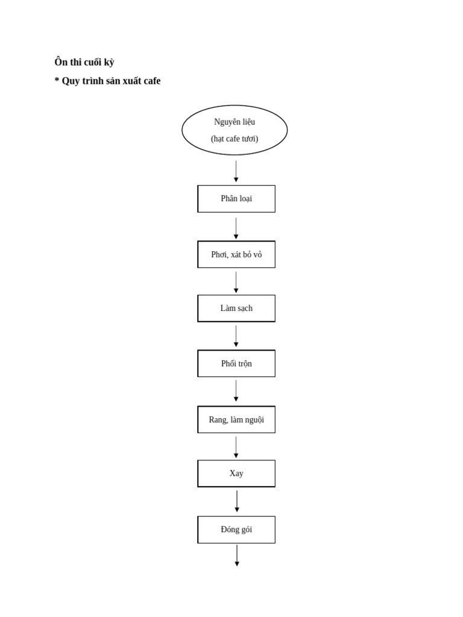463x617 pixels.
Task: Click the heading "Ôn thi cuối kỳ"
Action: [x=84, y=62]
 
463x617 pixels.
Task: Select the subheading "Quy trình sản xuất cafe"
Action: [x=111, y=81]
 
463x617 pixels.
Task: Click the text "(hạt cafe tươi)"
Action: [x=235, y=139]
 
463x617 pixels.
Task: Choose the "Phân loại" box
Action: [x=236, y=199]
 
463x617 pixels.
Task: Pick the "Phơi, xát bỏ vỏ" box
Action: [x=236, y=254]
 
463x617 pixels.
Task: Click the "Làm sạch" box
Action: [x=236, y=308]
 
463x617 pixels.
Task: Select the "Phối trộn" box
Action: [x=236, y=363]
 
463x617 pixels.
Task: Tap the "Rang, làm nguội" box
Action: [x=236, y=419]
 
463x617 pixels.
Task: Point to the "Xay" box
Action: [x=236, y=474]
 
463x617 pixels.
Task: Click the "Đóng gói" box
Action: [x=236, y=530]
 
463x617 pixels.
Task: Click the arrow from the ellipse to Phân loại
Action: [x=236, y=171]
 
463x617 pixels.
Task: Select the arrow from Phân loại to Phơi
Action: [x=236, y=228]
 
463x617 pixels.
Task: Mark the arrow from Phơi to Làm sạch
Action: [x=236, y=282]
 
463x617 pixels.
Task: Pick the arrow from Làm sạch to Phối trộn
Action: [x=236, y=336]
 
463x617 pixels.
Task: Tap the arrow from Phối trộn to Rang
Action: [x=236, y=390]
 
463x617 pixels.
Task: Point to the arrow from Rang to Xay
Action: [x=236, y=447]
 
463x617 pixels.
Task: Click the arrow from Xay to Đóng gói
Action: [x=237, y=501]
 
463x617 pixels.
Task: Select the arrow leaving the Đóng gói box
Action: [x=237, y=556]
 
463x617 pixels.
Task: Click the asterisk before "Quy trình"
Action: [x=57, y=80]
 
